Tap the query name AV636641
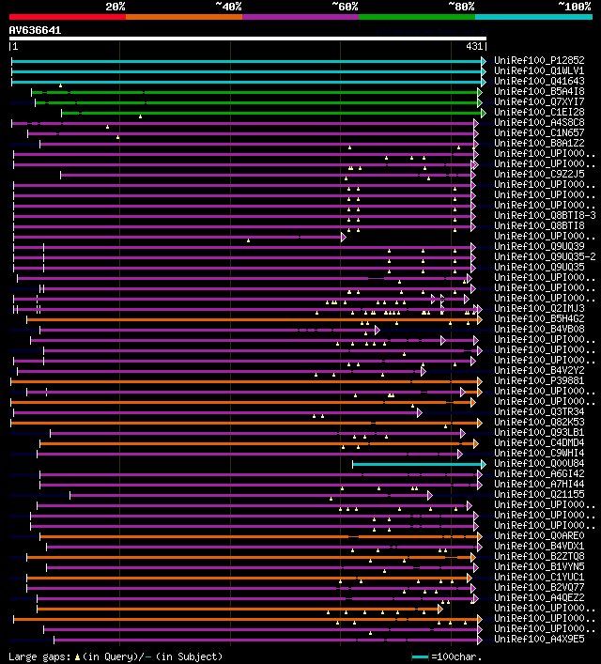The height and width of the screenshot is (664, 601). [35, 30]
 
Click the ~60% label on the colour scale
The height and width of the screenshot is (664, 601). [345, 7]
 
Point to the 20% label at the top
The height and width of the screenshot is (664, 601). [115, 7]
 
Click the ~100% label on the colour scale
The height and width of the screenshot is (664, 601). [574, 7]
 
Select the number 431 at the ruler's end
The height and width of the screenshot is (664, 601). [474, 46]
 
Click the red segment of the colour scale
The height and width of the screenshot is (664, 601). [67, 16]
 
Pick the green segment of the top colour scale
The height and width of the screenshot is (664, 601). [416, 16]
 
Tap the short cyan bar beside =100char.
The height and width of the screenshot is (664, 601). [420, 656]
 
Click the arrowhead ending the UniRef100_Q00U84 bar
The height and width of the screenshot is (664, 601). [484, 463]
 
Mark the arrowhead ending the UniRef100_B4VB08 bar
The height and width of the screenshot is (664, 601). [377, 330]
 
